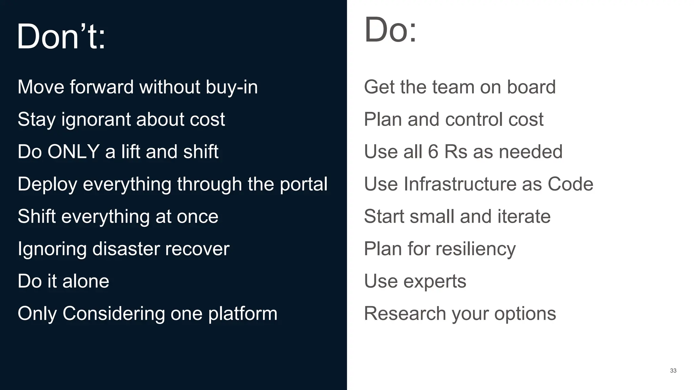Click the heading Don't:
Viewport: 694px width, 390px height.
point(61,36)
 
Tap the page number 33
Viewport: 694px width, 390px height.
point(673,371)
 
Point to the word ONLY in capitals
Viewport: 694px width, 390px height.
point(73,152)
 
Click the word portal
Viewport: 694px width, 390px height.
point(303,184)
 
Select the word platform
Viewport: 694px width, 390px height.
point(243,313)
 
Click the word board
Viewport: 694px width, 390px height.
point(531,87)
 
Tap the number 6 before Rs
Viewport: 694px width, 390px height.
point(433,152)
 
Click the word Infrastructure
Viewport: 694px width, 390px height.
point(460,184)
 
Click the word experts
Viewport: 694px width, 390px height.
point(434,282)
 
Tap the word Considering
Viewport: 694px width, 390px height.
point(114,313)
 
